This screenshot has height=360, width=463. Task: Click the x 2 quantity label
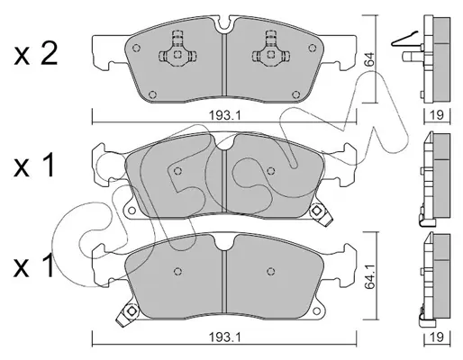35,55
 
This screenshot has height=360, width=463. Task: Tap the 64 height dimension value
369,59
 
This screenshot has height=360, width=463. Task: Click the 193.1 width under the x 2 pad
225,115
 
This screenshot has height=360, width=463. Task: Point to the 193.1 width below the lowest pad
225,338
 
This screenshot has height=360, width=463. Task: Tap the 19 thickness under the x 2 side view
437,115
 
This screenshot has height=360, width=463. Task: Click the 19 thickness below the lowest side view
437,337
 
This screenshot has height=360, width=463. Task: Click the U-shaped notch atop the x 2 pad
224,25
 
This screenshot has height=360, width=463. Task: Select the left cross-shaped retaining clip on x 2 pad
177,50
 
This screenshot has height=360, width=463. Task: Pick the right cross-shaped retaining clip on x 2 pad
271,50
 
